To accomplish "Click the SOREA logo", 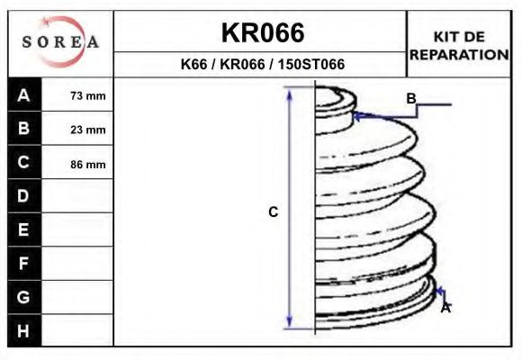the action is pos(60,42).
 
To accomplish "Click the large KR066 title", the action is pos(263,32).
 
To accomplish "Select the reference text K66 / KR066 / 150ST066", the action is pos(262,64).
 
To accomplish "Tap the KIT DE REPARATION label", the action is pos(459,46).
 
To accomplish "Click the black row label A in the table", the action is pos(24,94).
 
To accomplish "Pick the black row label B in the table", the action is pos(24,128).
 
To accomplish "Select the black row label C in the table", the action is pos(24,162).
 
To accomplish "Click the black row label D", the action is pos(24,196).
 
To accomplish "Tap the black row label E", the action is pos(24,229).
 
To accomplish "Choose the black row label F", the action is pos(24,264).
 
